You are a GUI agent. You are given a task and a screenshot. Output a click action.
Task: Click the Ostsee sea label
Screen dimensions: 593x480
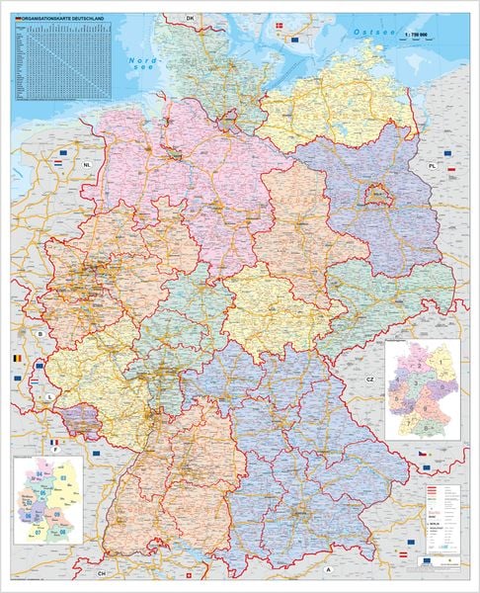[376, 33]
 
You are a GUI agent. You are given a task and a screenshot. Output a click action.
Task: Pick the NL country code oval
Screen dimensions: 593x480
[87, 165]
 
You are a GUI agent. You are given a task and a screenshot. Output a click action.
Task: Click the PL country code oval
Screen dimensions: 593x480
[431, 168]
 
